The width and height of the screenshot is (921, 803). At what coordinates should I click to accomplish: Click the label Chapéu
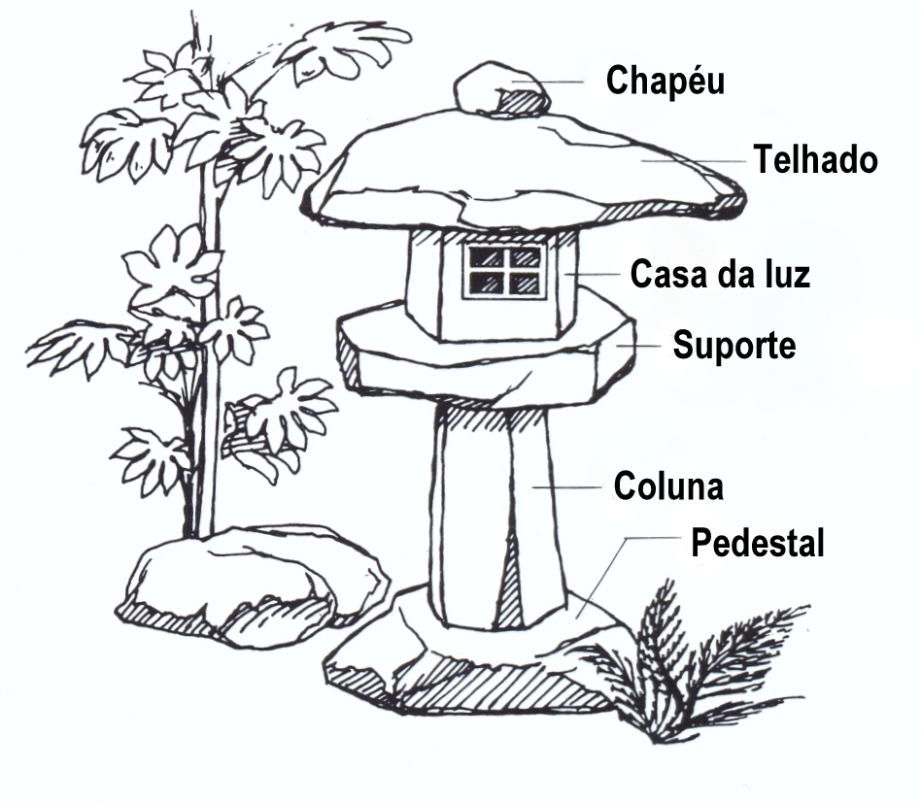coord(665,81)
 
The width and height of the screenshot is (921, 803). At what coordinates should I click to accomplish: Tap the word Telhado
coord(816,159)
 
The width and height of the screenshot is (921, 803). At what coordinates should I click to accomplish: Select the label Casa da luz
coord(720,274)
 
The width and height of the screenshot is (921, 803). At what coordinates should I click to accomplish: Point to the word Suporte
coord(734,345)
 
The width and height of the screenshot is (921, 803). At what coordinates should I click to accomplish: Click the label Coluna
coord(668,485)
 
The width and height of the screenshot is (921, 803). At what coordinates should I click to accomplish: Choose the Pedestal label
coord(757,543)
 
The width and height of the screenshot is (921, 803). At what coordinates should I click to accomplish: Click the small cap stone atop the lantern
coord(498,89)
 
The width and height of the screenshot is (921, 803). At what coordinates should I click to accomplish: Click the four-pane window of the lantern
coord(502,270)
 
